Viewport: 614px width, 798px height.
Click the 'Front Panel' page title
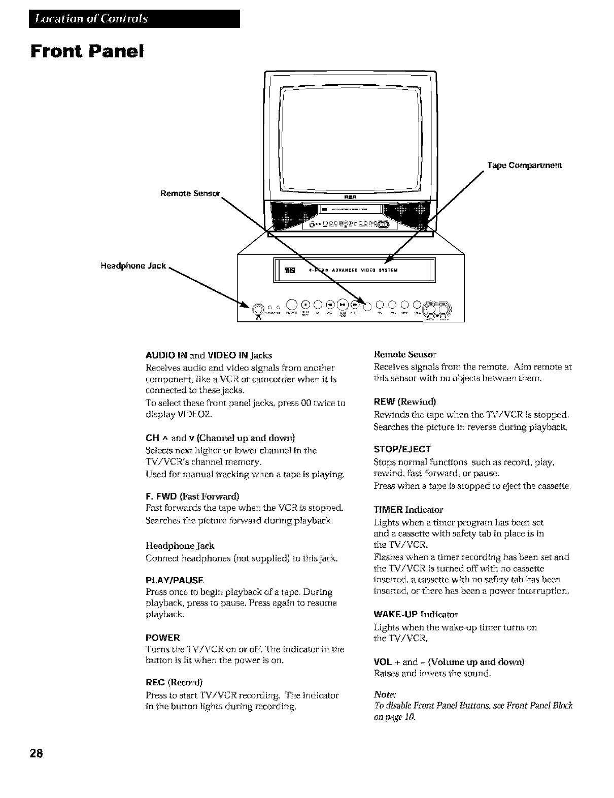88,51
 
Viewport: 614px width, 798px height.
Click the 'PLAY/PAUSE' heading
175,580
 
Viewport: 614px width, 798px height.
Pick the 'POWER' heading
162,638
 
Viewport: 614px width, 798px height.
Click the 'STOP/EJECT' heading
402,449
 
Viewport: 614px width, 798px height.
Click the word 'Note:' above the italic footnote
385,694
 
